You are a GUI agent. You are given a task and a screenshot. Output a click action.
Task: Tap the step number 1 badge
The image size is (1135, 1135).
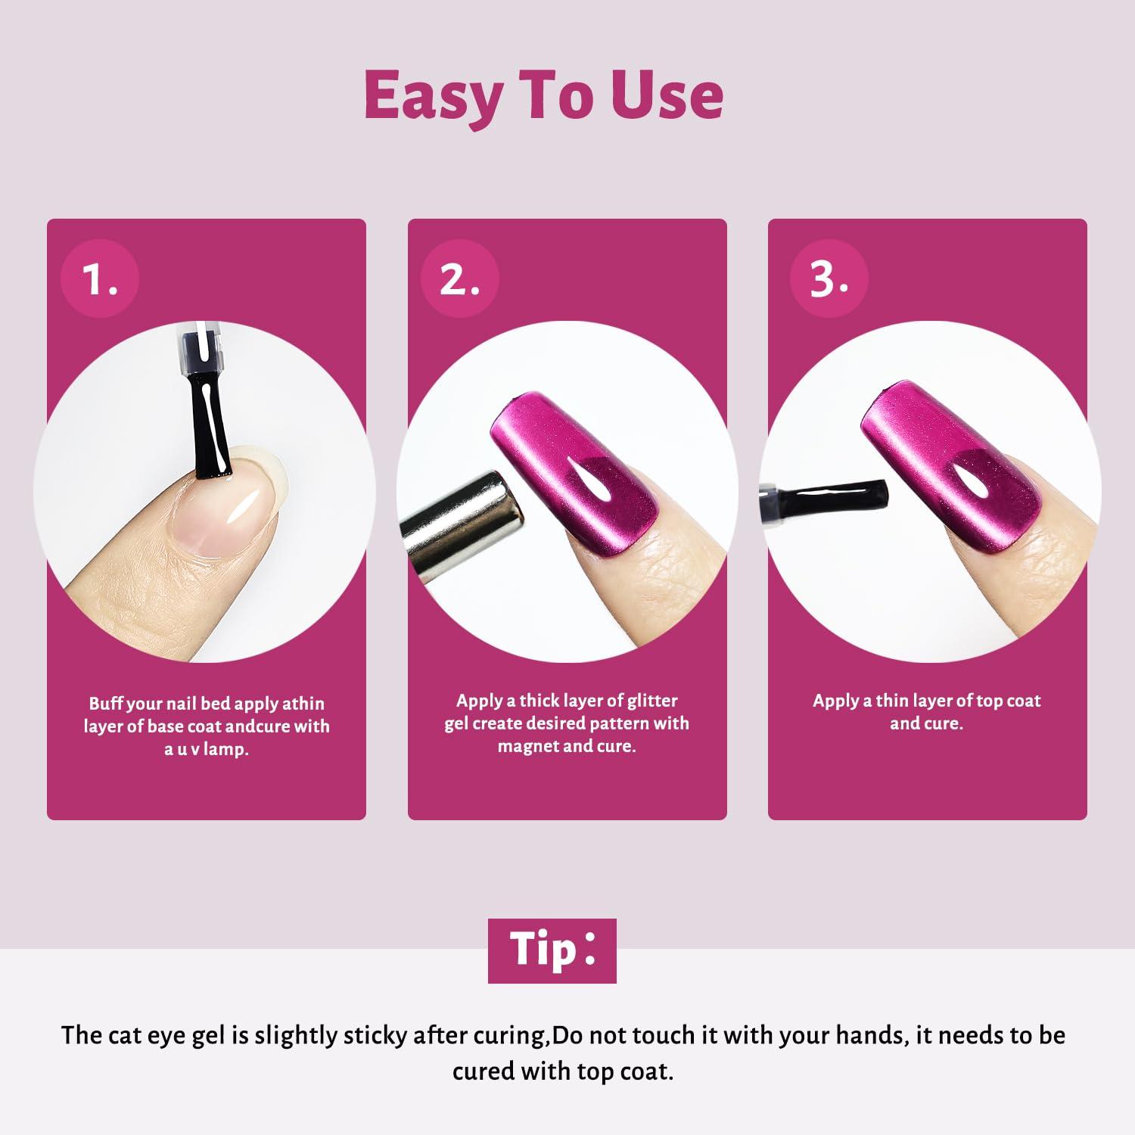(x=101, y=278)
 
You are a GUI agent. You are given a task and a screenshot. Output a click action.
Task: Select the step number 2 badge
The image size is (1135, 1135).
(x=460, y=278)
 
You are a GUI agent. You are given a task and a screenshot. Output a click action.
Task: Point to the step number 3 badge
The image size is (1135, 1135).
(x=829, y=278)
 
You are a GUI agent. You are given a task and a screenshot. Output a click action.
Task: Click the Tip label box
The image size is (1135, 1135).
(x=552, y=950)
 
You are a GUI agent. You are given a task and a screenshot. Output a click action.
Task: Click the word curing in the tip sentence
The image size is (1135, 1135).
(x=500, y=1037)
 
